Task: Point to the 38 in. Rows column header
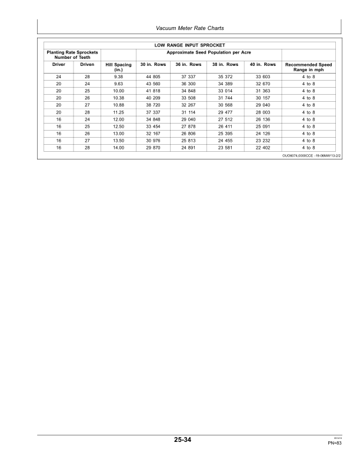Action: (225, 64)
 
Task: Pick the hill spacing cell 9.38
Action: (118, 77)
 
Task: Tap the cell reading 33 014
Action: (225, 91)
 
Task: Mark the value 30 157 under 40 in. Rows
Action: (262, 98)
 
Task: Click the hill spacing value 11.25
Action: (118, 112)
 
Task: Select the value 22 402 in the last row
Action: (262, 148)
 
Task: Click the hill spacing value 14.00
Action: (118, 148)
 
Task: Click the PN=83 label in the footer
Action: (335, 442)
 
